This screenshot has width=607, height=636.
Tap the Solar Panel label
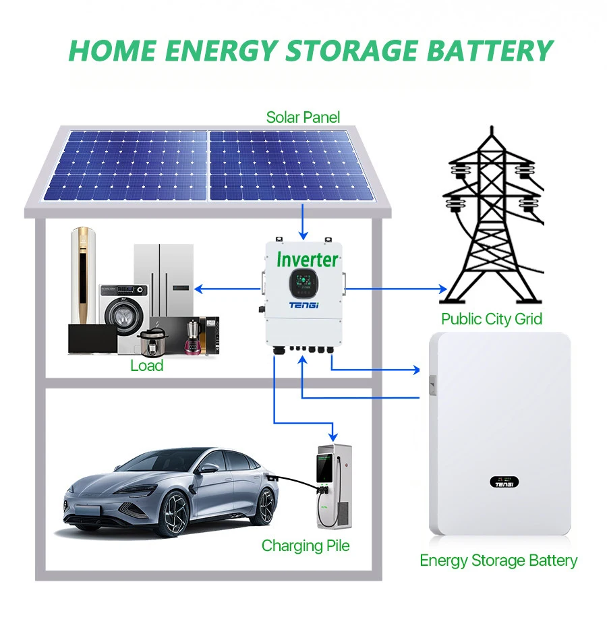click(303, 117)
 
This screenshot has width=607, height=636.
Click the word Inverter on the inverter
click(308, 258)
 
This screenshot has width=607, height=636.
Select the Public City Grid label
click(491, 318)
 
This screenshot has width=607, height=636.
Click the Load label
click(147, 366)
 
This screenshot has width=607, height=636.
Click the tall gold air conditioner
click(84, 277)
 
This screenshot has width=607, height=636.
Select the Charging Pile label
click(306, 545)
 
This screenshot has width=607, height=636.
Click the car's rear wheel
click(266, 505)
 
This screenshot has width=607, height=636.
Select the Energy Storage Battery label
click(498, 560)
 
